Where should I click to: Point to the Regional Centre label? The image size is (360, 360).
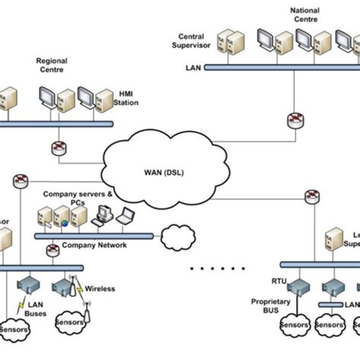pos(52,66)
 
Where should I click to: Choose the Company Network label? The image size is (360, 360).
pos(94,245)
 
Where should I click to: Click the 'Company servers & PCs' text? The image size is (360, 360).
pos(76,199)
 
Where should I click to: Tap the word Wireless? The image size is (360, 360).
pos(100,289)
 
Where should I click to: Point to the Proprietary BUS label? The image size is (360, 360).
pos(270,306)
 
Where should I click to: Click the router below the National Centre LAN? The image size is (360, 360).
pos(294,120)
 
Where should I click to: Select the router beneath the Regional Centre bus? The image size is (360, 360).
pos(60,147)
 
